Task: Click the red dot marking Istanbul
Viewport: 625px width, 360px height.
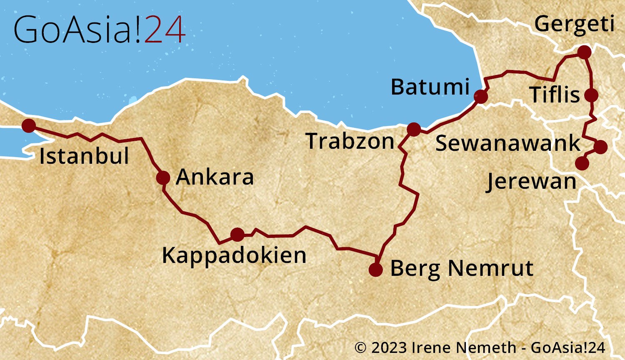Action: (x=29, y=125)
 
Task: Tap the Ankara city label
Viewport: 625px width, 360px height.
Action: (x=215, y=177)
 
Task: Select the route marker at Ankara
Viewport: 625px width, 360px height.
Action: (x=163, y=178)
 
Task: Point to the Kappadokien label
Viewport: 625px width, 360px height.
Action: (x=234, y=255)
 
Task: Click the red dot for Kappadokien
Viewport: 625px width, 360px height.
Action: (x=237, y=235)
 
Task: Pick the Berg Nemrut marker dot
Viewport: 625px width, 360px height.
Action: (x=375, y=270)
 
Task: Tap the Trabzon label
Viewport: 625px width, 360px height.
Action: (x=350, y=141)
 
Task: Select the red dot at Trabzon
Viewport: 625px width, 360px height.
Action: (x=414, y=129)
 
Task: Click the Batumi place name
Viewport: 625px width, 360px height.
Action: (x=430, y=87)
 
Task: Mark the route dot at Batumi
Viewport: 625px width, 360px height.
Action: (x=480, y=97)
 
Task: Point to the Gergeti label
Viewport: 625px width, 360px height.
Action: (x=574, y=24)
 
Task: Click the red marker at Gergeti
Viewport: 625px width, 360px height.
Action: (x=585, y=52)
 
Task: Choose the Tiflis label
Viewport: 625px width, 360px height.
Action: (x=555, y=95)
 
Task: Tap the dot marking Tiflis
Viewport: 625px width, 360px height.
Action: (x=591, y=95)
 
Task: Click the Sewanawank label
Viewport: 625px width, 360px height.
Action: (x=507, y=143)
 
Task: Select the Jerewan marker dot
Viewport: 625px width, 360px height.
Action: (x=582, y=163)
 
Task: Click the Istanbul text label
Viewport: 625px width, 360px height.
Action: (x=84, y=156)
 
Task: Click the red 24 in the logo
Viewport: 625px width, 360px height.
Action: (x=165, y=30)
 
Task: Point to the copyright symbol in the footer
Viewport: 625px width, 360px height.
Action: (x=360, y=347)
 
